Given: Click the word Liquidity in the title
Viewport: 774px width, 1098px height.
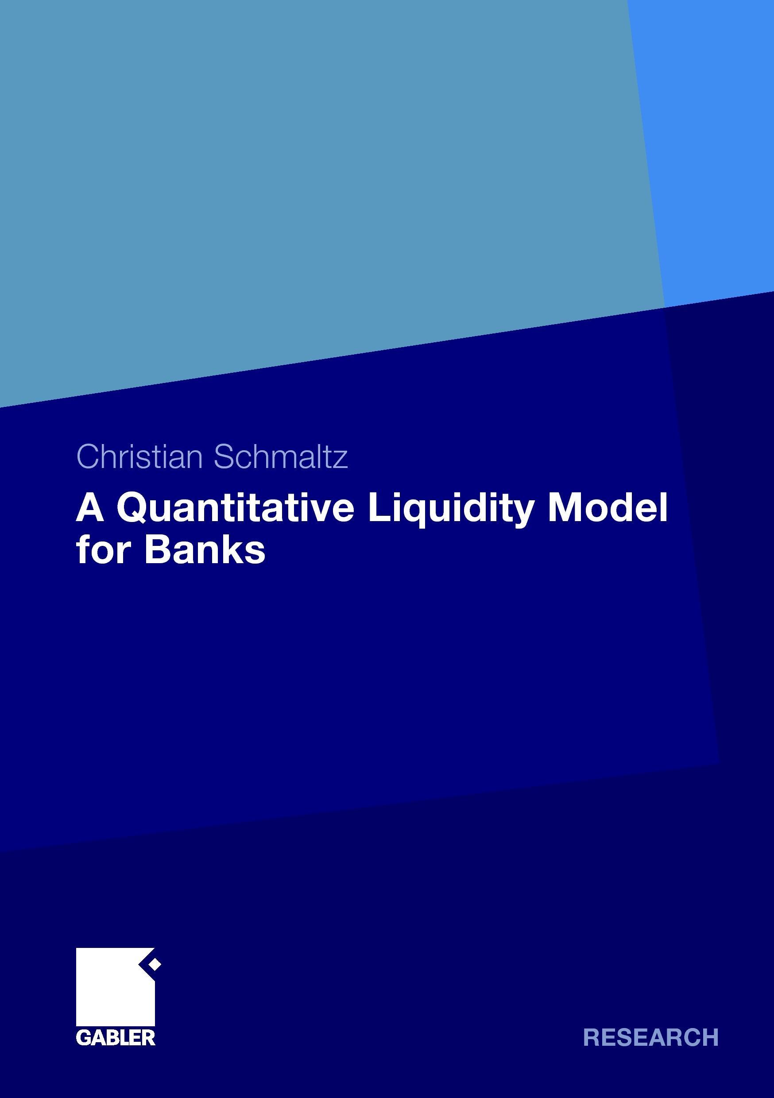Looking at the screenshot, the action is [451, 510].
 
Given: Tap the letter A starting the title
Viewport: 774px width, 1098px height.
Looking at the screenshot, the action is [90, 508].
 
